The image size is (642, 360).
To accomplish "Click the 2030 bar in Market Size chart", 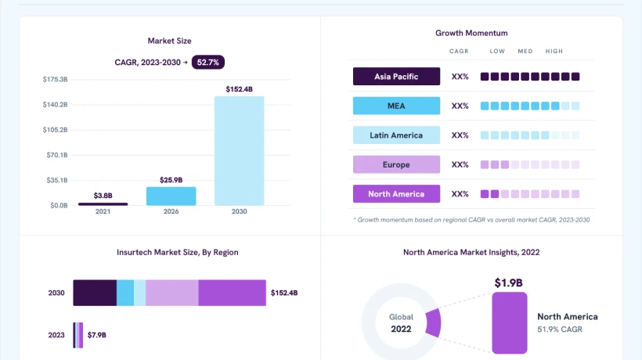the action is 239,151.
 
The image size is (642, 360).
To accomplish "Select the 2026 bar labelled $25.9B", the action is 171,196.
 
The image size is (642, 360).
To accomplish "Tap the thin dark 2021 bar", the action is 103,204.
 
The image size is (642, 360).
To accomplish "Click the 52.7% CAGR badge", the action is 208,62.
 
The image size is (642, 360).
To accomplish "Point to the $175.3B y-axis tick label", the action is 56,79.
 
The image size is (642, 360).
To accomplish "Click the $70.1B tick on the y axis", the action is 57,155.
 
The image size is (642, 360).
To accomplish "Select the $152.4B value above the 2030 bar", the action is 239,89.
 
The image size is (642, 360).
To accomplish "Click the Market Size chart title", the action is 170,41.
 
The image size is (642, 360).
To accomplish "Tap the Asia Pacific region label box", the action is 396,77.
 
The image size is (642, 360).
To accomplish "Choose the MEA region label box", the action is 396,106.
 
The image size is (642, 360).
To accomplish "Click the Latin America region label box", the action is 396,135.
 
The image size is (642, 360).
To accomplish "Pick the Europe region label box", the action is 396,164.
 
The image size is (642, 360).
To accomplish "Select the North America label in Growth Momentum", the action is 396,194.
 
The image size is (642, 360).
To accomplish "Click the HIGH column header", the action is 554,51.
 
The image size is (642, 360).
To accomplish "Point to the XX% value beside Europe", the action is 460,164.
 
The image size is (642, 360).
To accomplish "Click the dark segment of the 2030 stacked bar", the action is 95,293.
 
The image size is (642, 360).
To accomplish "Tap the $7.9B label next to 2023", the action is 96,335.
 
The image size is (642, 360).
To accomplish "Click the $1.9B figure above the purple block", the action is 509,283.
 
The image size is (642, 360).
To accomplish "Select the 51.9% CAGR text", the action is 560,329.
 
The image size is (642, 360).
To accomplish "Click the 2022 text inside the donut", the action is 401,329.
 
